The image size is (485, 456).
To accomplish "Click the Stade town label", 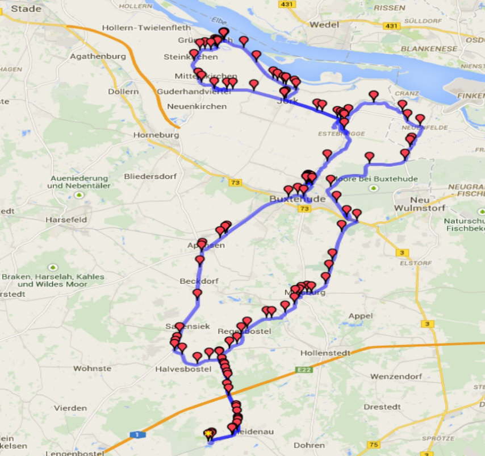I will [26, 9].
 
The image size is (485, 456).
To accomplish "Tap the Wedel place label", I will [325, 24].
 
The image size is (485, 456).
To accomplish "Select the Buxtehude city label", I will [297, 199].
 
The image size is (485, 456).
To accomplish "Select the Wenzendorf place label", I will [396, 376].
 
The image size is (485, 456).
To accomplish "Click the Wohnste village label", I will [92, 368].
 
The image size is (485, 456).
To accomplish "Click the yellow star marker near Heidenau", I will [208, 434].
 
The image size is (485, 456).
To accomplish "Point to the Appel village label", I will [361, 316].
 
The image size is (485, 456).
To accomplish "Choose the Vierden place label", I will [70, 408].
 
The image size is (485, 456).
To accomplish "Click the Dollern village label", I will [123, 91].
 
